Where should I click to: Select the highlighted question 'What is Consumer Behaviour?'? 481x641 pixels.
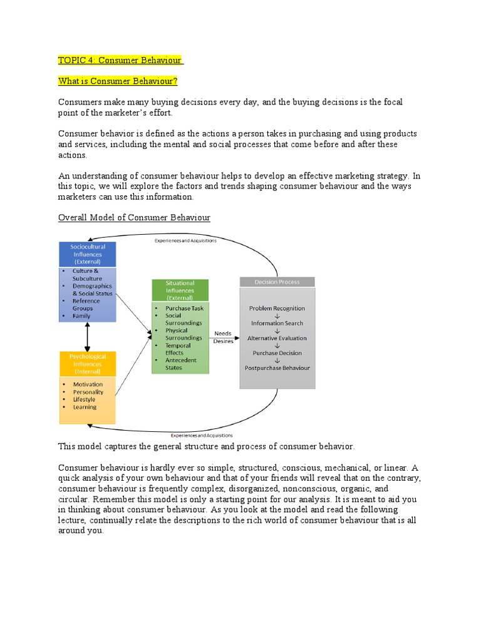pyautogui.click(x=118, y=81)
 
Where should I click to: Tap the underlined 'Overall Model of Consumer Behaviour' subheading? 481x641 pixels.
pyautogui.click(x=134, y=217)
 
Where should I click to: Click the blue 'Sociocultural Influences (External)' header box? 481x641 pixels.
pyautogui.click(x=87, y=254)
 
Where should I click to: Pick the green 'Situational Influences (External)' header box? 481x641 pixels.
pyautogui.click(x=180, y=290)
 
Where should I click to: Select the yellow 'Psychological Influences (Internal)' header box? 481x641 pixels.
pyautogui.click(x=87, y=364)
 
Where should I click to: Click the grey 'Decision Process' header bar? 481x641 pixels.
pyautogui.click(x=277, y=282)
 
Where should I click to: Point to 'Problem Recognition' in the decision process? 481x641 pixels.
pyautogui.click(x=277, y=309)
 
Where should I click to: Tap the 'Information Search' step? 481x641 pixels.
pyautogui.click(x=277, y=323)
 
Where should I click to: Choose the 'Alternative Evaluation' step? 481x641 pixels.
pyautogui.click(x=277, y=338)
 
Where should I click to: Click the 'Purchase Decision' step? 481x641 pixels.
pyautogui.click(x=277, y=353)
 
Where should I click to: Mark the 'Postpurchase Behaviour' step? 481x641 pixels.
pyautogui.click(x=277, y=368)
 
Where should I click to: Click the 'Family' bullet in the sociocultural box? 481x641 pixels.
pyautogui.click(x=81, y=316)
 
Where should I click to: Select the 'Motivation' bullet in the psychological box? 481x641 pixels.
pyautogui.click(x=88, y=384)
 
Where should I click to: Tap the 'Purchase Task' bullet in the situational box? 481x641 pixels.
pyautogui.click(x=184, y=309)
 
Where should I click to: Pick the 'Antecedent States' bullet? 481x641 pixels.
pyautogui.click(x=181, y=364)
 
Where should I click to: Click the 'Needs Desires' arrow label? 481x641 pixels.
pyautogui.click(x=224, y=337)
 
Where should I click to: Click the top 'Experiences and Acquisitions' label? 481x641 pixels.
pyautogui.click(x=185, y=241)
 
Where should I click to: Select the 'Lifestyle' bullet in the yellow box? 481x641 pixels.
pyautogui.click(x=85, y=399)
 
